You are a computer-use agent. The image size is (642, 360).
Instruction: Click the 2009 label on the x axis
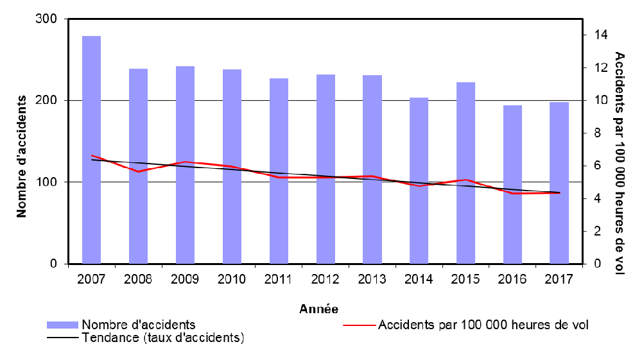185,280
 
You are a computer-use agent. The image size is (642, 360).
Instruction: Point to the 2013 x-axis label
372,280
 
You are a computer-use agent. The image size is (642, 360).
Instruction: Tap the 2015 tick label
465,280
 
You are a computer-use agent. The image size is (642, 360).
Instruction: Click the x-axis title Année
319,309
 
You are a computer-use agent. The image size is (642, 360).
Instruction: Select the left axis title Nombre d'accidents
22,156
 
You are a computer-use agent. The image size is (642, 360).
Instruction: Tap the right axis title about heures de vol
620,163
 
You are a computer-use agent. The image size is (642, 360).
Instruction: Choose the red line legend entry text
483,325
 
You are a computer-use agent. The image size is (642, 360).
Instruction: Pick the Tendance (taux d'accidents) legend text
164,338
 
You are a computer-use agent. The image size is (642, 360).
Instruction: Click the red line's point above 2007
92,155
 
